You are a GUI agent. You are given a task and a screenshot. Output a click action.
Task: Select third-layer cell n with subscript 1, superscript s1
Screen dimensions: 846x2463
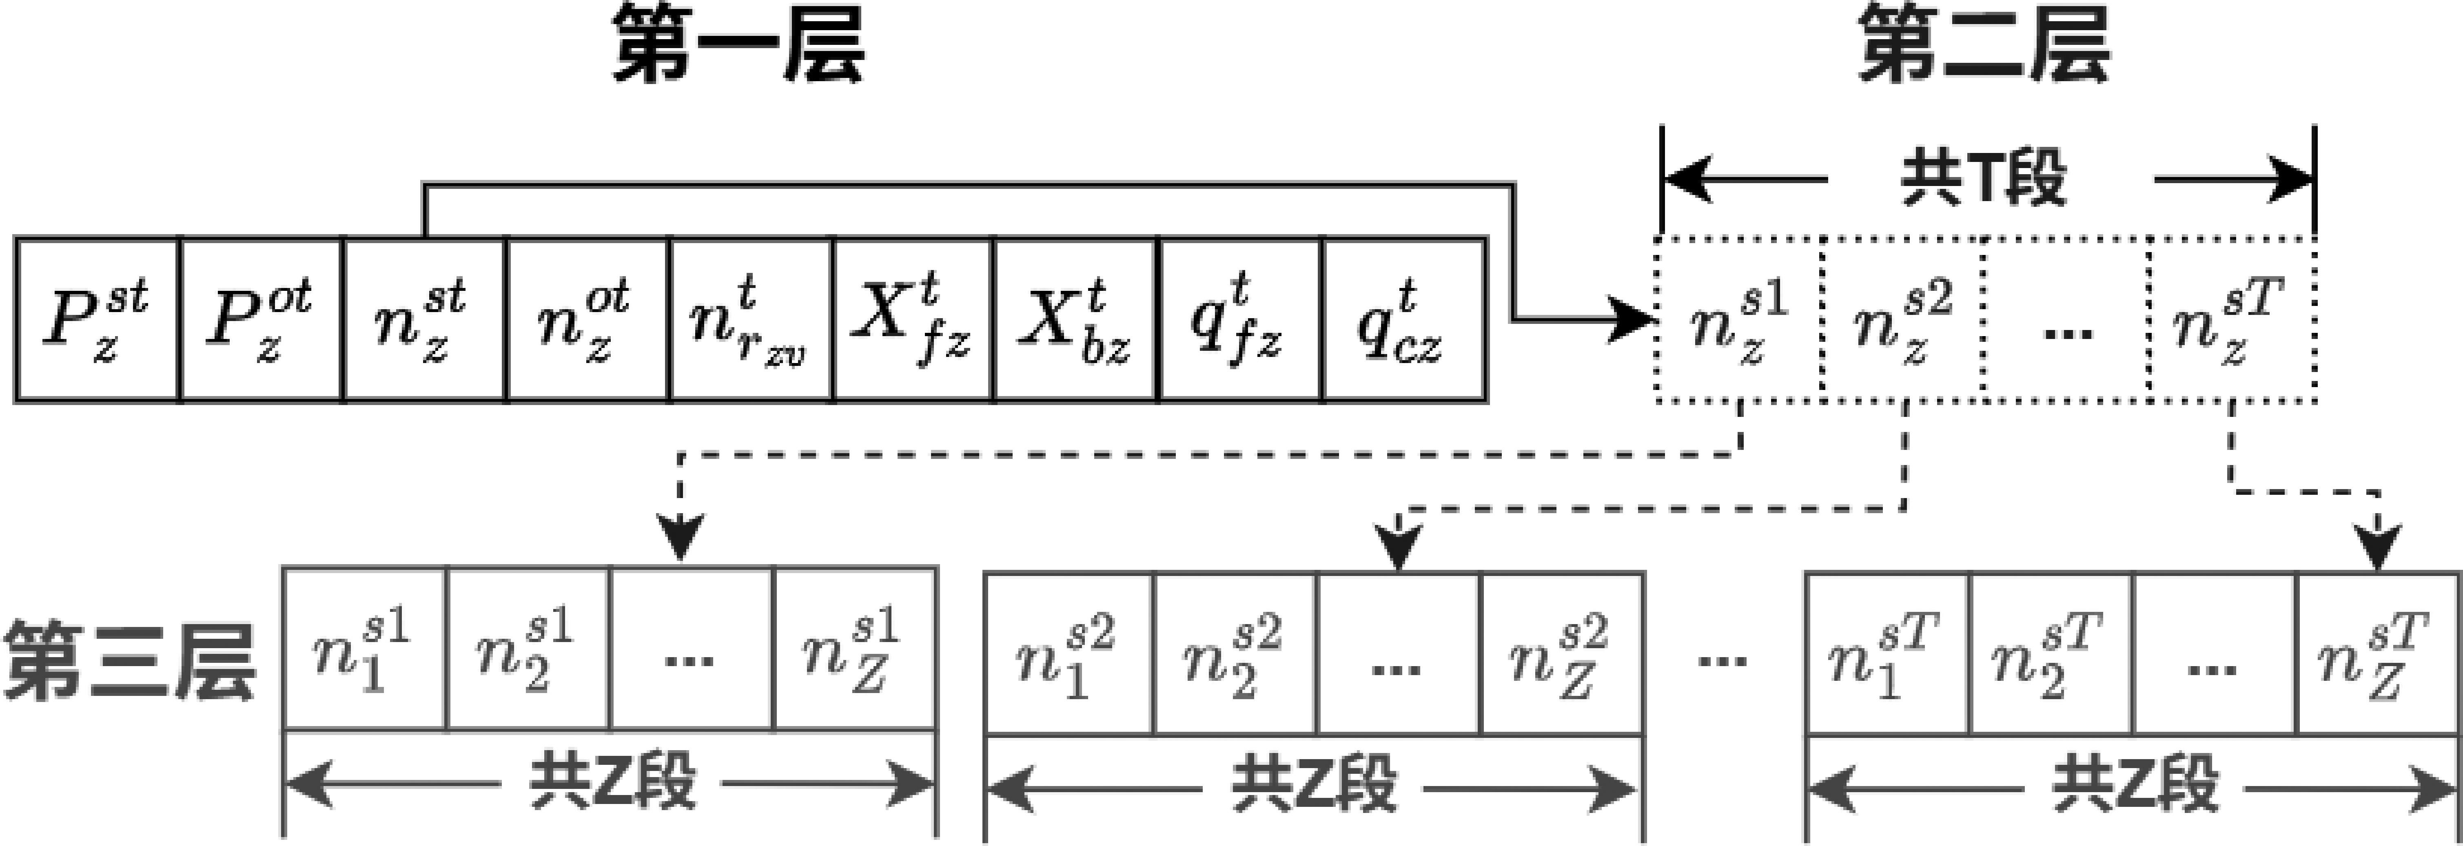pos(364,650)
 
